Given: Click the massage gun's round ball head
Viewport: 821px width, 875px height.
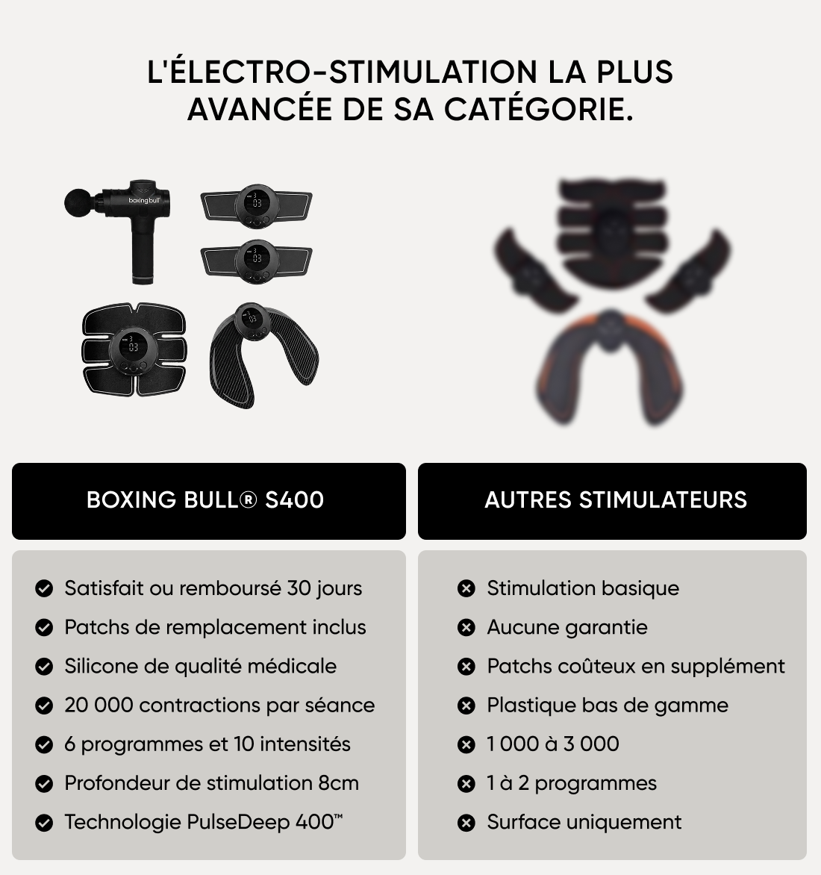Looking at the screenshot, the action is pos(78,202).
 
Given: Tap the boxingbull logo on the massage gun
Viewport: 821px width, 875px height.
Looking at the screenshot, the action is pos(144,200).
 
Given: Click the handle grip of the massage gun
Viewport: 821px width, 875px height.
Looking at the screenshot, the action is pos(143,250).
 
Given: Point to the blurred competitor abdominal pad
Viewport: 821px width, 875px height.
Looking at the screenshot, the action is pos(613,232).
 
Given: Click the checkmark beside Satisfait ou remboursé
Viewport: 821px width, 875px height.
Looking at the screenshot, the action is pos(43,588).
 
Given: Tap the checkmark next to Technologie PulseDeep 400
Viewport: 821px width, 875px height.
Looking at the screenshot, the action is pos(43,823).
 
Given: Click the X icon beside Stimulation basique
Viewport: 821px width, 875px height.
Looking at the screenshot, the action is pos(466,588).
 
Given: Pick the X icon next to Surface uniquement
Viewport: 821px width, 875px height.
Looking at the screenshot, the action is pos(466,823).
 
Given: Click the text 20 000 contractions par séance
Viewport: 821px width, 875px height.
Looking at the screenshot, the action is pos(219,706).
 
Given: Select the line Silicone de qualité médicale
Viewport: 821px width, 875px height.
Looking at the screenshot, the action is pos(200,666).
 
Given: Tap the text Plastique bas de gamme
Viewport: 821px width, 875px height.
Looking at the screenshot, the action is pos(608,706).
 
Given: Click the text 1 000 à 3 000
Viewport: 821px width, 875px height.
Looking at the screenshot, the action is pos(553,744).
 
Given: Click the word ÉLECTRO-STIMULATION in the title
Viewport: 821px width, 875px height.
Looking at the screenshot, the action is pos(352,72).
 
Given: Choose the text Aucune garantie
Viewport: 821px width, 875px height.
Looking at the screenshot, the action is pos(567,627).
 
